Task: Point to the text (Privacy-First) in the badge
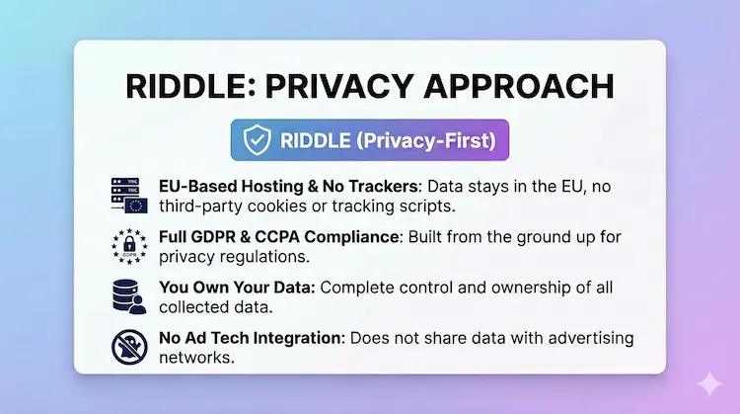pos(430,141)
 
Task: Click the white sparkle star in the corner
pos(706,384)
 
